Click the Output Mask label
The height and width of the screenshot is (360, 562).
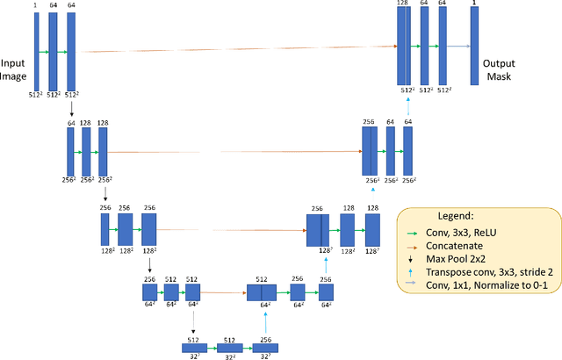pos(498,69)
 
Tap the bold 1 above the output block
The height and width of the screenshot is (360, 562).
pos(474,4)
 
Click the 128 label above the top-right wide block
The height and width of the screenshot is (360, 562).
pos(403,4)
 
